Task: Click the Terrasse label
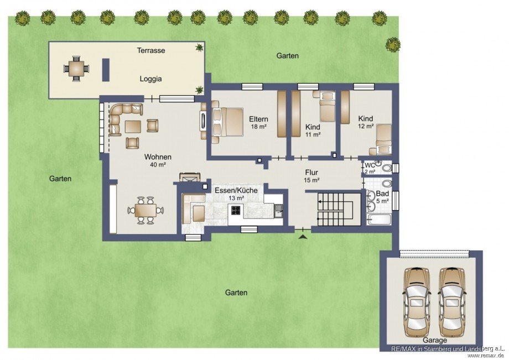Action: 151,50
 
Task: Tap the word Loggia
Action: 150,79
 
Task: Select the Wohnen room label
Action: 158,157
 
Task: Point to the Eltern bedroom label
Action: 258,119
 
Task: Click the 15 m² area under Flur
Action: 311,180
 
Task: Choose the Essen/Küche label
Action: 236,190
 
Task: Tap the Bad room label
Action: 382,194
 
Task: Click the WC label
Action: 370,166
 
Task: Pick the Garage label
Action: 435,340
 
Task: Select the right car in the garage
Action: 452,302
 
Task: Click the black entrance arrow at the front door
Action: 303,237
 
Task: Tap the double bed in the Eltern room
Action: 227,122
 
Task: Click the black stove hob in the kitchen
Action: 236,211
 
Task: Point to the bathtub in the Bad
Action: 378,219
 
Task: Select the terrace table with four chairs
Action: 76,69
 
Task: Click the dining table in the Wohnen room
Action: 146,211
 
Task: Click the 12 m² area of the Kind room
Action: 366,127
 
